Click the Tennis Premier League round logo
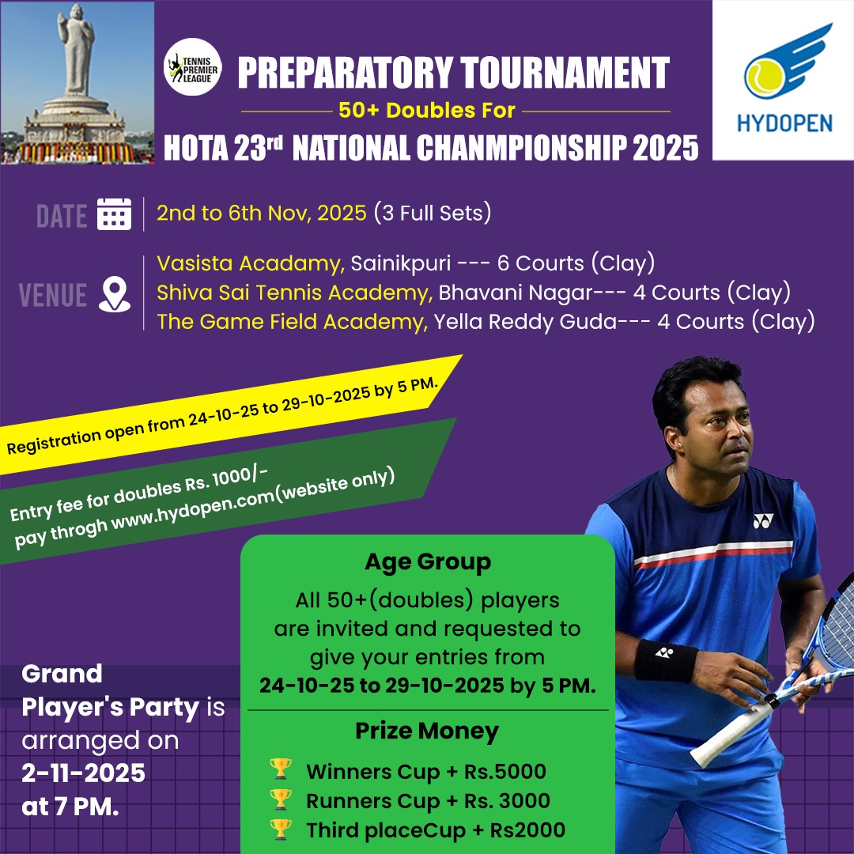coord(192,67)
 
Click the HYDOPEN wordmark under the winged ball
coord(784,123)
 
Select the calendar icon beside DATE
coord(114,214)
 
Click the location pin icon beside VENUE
coord(115,294)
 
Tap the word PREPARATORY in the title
coord(346,73)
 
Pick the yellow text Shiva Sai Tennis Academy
coord(295,293)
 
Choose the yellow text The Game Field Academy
coord(293,322)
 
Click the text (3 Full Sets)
coord(433,213)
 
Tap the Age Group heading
coord(428,562)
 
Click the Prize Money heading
coord(427,731)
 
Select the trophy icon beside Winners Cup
coord(281,769)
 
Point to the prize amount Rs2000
coord(527,830)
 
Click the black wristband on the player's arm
coord(665,661)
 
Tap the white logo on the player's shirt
coord(763,521)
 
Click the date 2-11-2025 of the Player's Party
coord(83,773)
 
